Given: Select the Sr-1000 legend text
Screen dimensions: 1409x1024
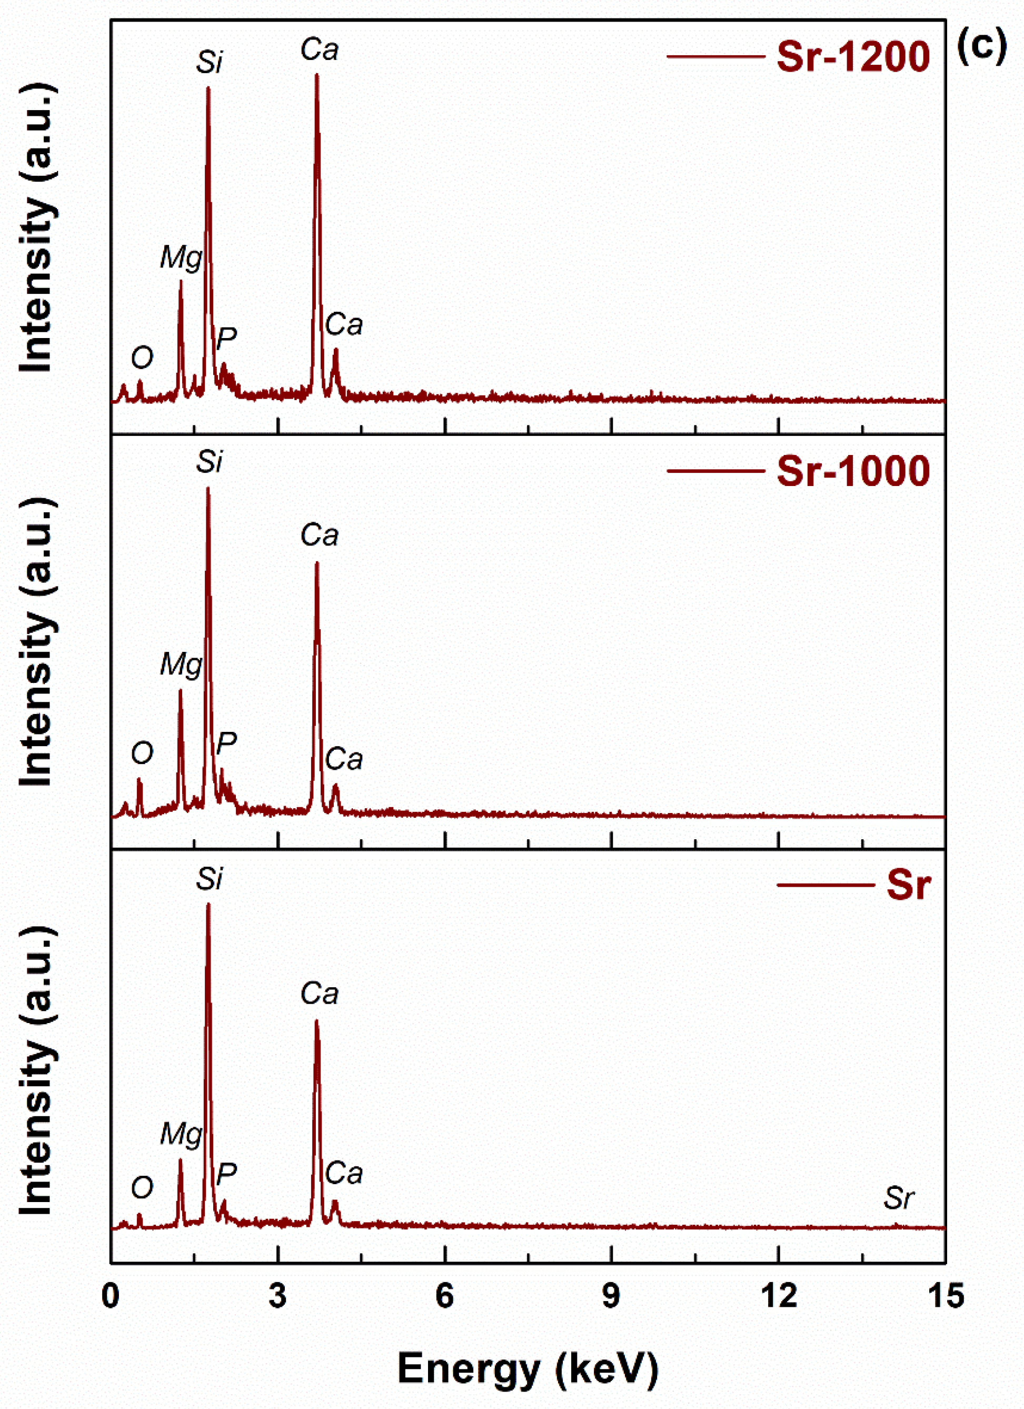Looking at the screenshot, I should click(x=852, y=471).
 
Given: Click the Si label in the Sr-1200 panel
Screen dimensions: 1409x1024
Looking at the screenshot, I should click(x=210, y=62).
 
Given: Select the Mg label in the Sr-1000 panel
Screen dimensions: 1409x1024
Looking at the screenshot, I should click(x=181, y=664).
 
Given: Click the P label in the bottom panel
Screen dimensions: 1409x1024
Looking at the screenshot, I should click(x=226, y=1174).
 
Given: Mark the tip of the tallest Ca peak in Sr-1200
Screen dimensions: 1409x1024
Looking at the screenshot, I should click(x=317, y=75).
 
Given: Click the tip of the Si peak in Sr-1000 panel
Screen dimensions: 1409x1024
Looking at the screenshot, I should click(x=207, y=488).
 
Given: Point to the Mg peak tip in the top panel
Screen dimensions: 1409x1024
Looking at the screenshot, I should click(x=181, y=281).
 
